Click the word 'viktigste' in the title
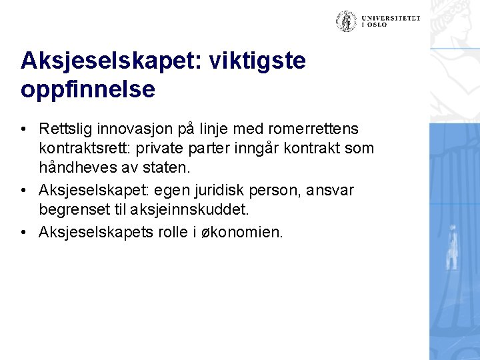coord(257,61)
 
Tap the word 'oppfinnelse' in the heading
coord(88,89)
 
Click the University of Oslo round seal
coord(346,21)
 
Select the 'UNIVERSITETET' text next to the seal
coord(392,18)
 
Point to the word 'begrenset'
coord(77,211)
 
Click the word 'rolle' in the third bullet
coord(179,232)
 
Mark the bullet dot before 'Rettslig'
coord(23,128)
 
